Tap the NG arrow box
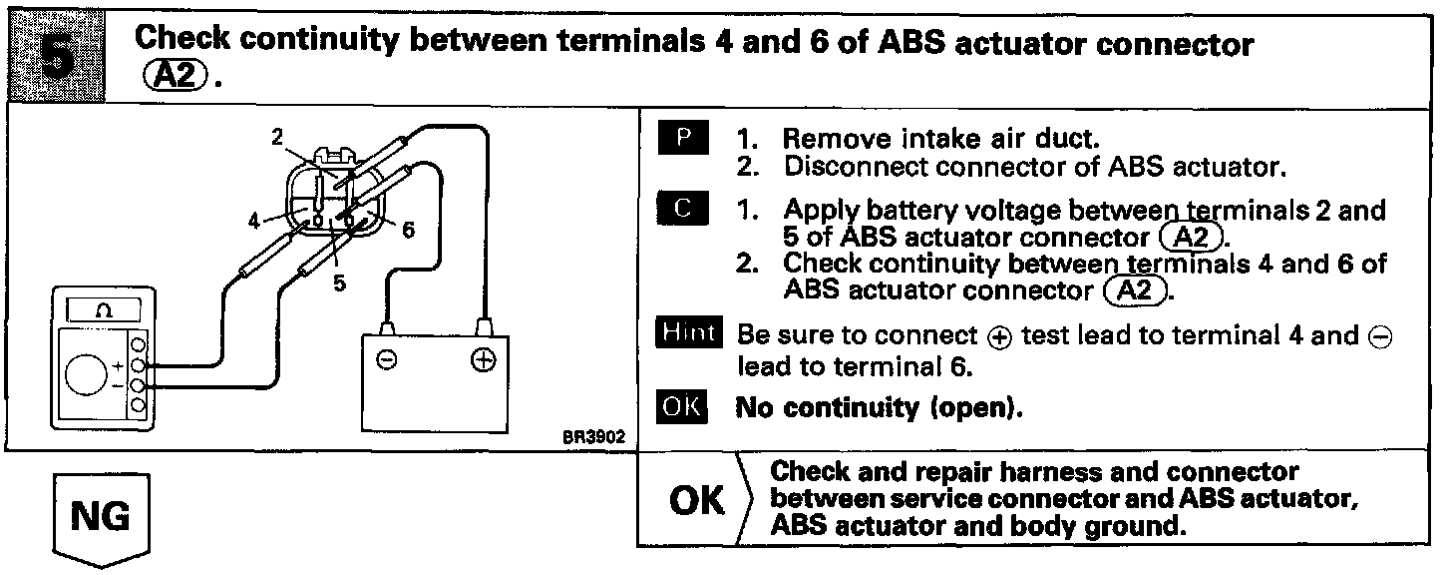(100, 517)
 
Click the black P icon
(683, 138)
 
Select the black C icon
(683, 210)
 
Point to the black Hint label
(686, 333)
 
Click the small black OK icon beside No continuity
(683, 407)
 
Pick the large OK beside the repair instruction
(697, 500)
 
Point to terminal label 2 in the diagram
(277, 139)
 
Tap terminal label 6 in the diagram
(408, 229)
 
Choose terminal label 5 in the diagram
(339, 283)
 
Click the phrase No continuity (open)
(879, 407)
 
